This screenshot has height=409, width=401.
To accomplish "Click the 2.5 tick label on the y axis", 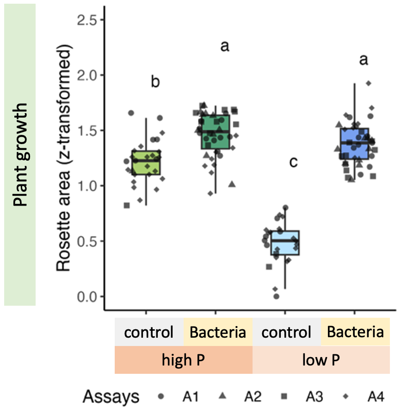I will (x=87, y=20).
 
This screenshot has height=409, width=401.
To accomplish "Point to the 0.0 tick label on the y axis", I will (x=87, y=296).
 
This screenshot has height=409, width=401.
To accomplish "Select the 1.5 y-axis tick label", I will (x=87, y=131).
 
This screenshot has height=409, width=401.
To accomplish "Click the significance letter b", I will (x=155, y=82).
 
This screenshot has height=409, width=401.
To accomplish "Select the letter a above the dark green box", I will (x=225, y=46).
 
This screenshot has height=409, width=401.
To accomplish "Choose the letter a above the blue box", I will (x=364, y=60).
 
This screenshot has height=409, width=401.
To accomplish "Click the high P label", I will (x=184, y=360).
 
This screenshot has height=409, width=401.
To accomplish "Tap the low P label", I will (x=320, y=360).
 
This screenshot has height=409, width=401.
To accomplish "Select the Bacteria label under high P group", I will (x=217, y=333).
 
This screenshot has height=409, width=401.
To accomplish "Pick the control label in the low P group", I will (x=286, y=333).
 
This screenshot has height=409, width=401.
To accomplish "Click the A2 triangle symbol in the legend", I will (x=222, y=396).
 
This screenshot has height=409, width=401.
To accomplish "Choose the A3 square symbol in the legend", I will (x=284, y=396).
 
